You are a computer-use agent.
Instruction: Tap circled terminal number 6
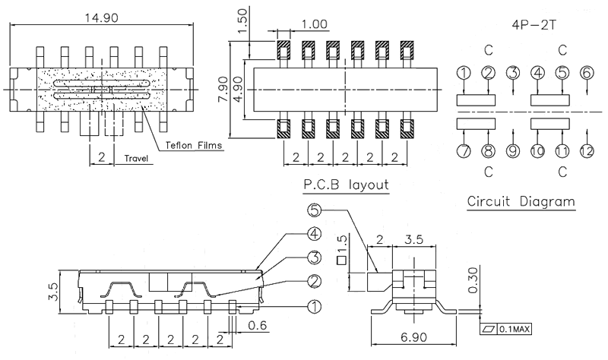click(586, 73)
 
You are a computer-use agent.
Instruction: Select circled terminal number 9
click(513, 150)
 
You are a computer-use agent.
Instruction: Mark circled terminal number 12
click(586, 150)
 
